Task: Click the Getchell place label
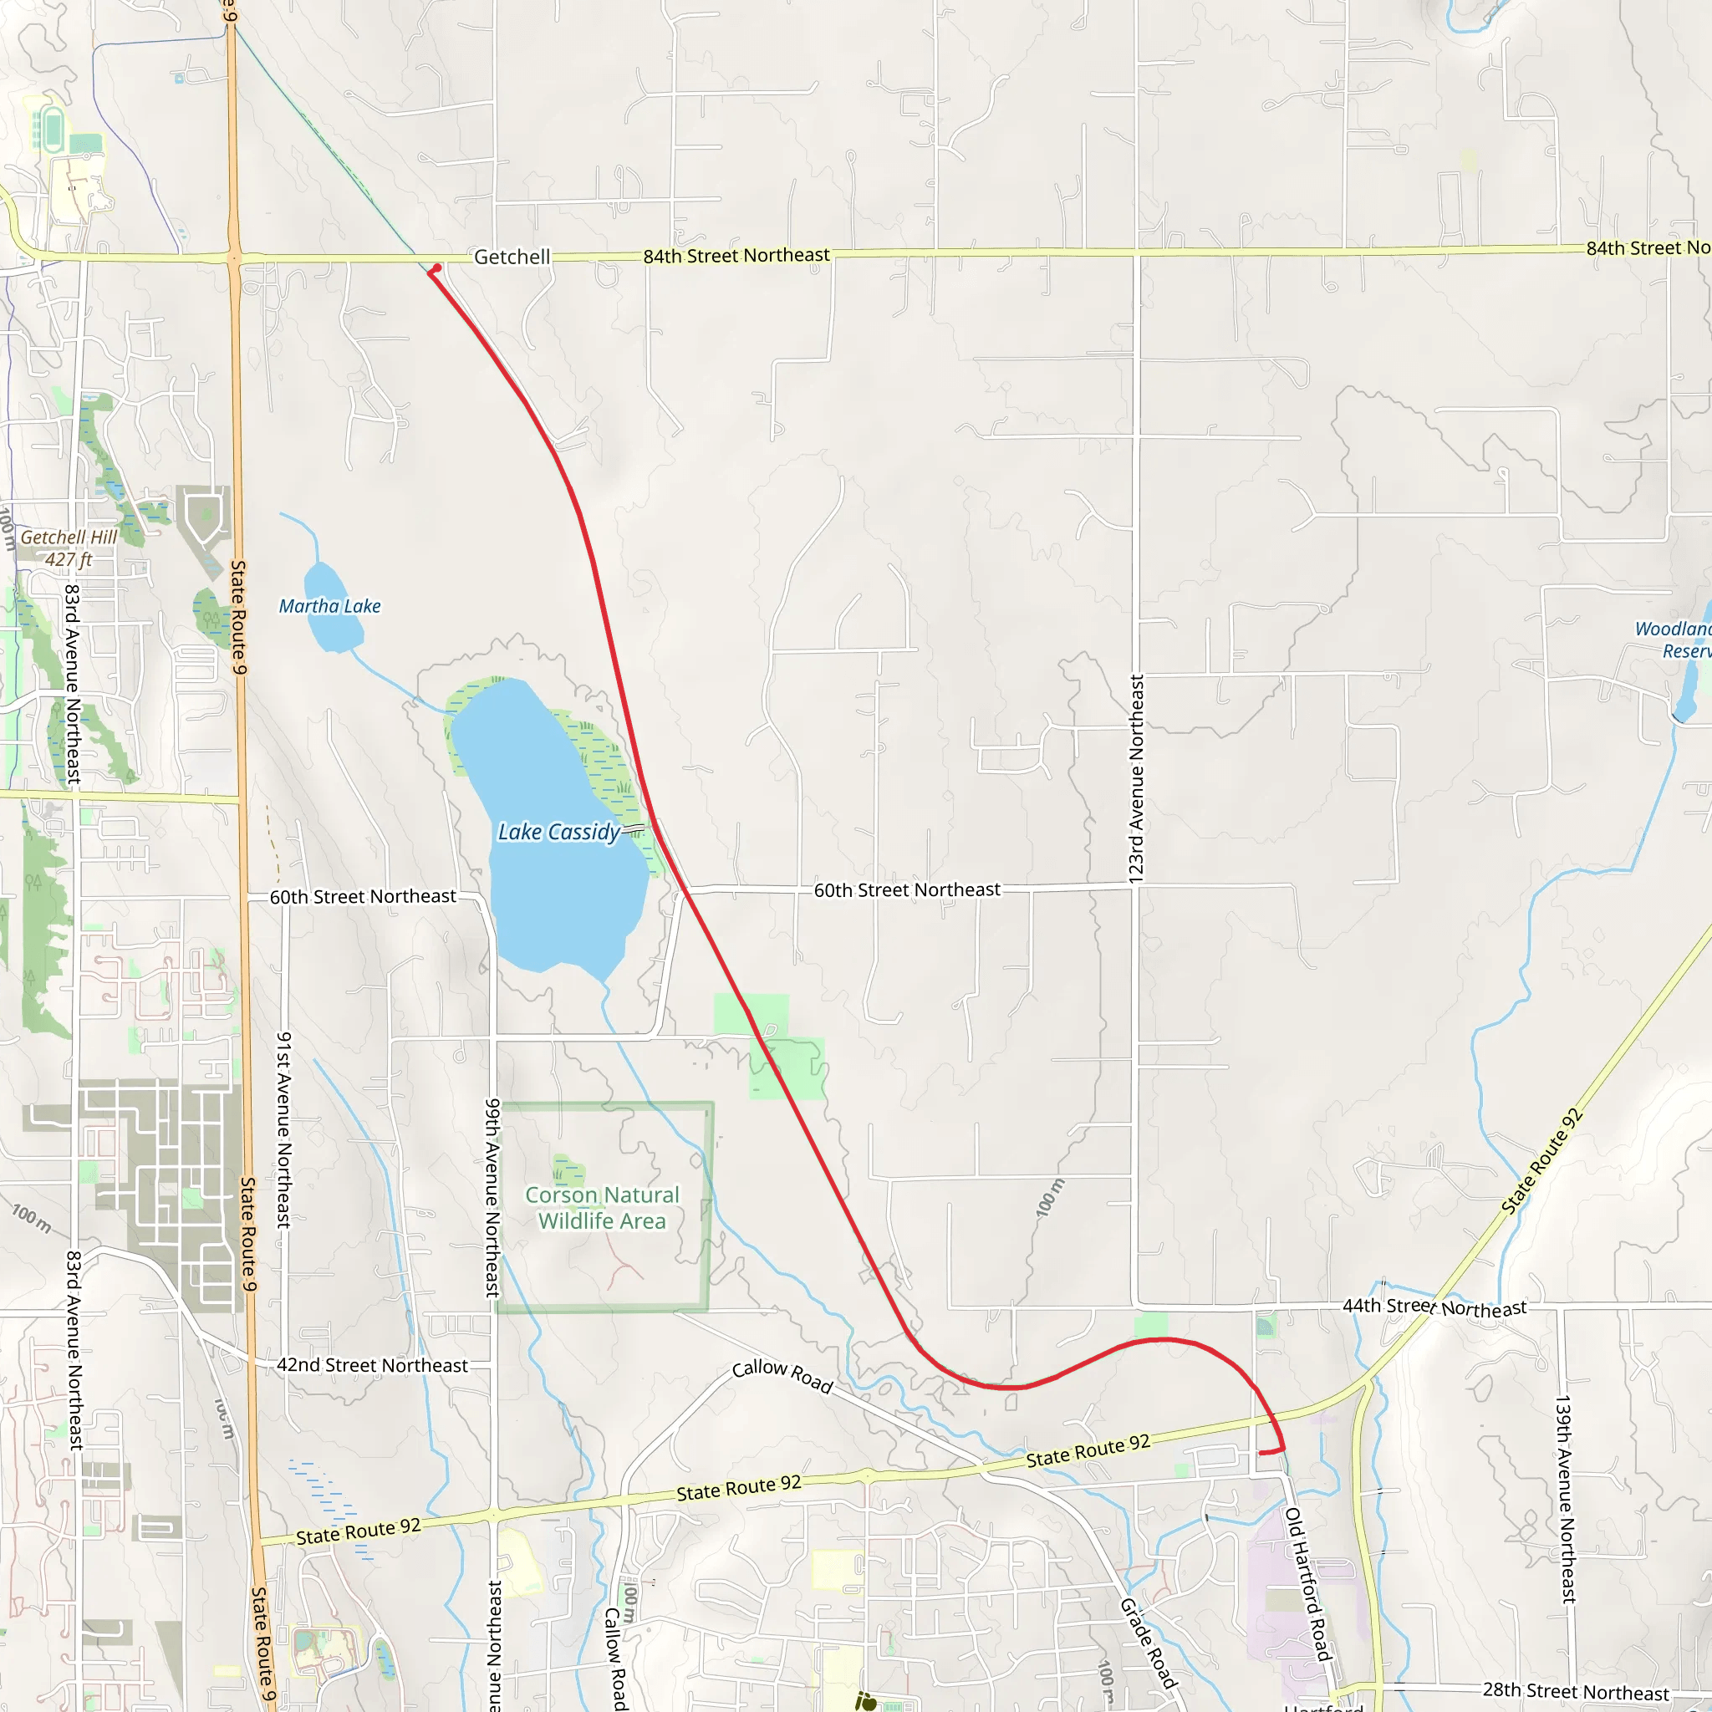click(512, 257)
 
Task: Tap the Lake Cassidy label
click(559, 832)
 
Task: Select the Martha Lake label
click(329, 606)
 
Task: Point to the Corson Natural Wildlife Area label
click(602, 1208)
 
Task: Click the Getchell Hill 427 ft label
click(69, 548)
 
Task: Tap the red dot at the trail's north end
click(437, 267)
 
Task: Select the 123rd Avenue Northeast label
click(1136, 779)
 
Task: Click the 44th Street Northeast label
click(1434, 1307)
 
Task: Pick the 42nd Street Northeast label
click(372, 1366)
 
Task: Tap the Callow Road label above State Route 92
click(782, 1376)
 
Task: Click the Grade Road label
click(1149, 1643)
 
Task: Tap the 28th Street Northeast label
click(1576, 1691)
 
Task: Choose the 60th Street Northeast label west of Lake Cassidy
click(363, 897)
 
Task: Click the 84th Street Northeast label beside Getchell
click(736, 255)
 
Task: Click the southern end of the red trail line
click(1261, 1453)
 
